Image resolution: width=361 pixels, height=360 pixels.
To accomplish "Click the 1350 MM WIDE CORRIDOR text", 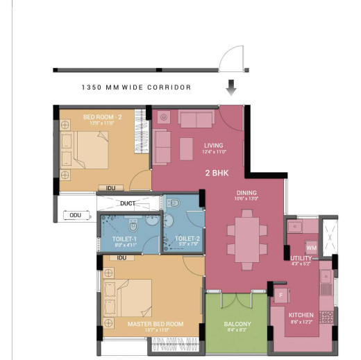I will (136, 88).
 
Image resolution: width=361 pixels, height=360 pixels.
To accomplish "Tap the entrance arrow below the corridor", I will (232, 87).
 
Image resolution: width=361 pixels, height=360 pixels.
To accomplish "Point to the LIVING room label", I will (213, 145).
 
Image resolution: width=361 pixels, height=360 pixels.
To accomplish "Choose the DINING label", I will (246, 193).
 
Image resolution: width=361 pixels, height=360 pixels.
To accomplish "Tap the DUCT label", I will (128, 203).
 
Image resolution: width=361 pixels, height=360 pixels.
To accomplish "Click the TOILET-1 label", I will (125, 239).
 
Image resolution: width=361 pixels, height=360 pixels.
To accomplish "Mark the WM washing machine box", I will (311, 247).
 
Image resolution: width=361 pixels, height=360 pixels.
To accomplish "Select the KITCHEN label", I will (301, 316).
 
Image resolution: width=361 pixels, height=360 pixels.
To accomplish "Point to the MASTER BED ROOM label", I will (155, 324).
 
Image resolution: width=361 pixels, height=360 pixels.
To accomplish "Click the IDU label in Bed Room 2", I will (110, 187).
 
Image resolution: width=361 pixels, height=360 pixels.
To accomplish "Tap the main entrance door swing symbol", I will (231, 61).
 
